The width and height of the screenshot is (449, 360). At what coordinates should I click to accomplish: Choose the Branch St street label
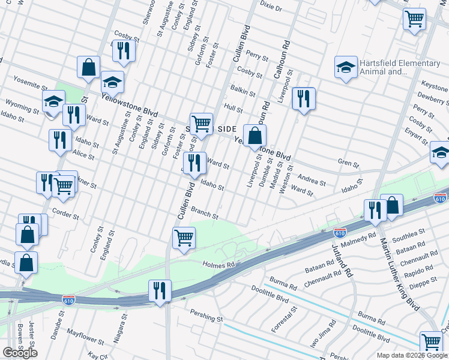tap(204, 211)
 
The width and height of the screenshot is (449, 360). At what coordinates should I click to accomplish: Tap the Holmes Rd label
tap(218, 264)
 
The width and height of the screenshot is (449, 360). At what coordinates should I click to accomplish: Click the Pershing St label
tap(206, 313)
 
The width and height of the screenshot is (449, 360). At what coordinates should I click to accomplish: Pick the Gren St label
tap(348, 163)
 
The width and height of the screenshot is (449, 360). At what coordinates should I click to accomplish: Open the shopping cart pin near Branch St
tap(184, 237)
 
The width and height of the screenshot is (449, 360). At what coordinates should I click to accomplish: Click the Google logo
tap(20, 352)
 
